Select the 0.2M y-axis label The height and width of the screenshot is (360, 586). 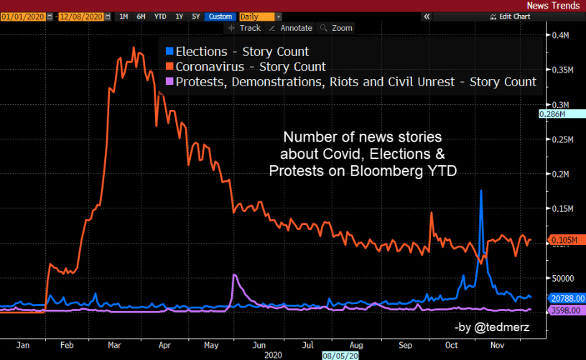tap(559, 174)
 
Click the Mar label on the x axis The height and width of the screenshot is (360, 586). tap(113, 344)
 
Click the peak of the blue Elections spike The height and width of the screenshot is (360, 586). tap(480, 191)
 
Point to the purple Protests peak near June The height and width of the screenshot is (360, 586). tap(234, 275)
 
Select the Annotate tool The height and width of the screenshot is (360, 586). tap(291, 28)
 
